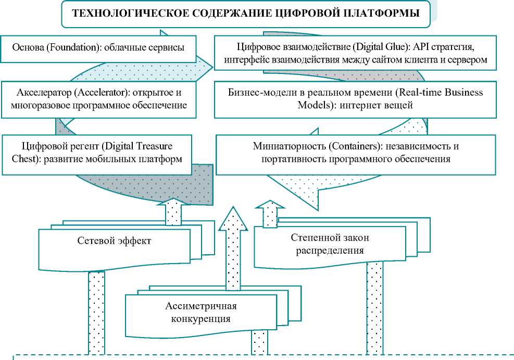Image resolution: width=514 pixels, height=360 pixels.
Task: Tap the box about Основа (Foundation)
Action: click(99, 48)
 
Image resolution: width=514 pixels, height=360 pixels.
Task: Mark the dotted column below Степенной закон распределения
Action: click(374, 307)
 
